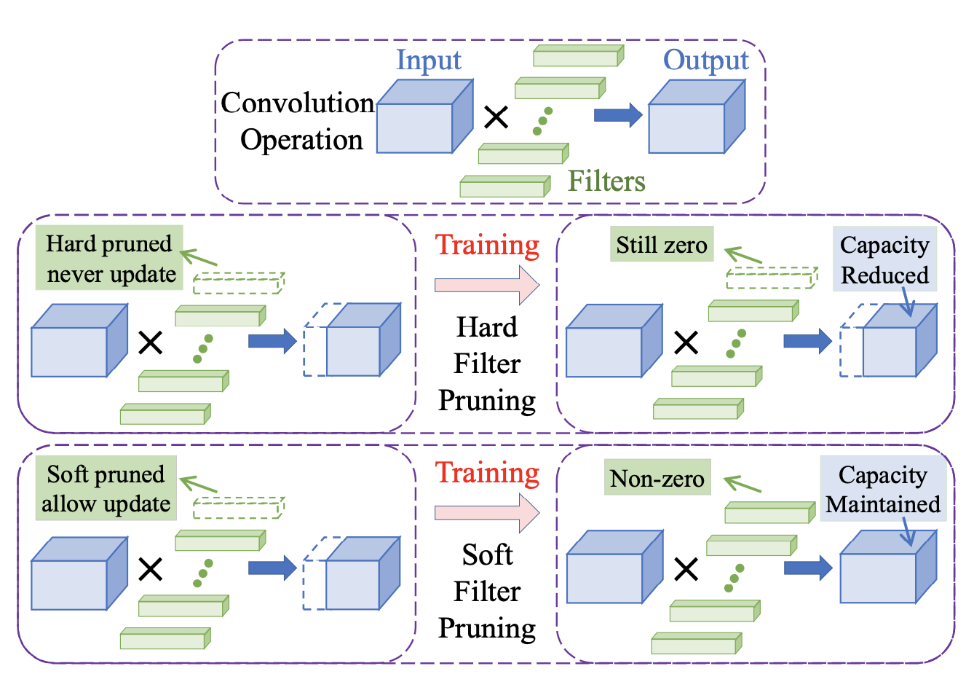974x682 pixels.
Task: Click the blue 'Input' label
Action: click(428, 60)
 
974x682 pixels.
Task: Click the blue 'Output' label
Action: click(705, 60)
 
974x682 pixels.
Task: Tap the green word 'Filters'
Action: click(606, 181)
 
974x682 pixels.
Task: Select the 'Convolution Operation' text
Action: click(298, 121)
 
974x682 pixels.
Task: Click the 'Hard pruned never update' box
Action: click(110, 259)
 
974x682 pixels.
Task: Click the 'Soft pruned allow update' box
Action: click(106, 488)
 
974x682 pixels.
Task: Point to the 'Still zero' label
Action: click(661, 245)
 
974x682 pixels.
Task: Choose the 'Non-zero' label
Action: click(657, 478)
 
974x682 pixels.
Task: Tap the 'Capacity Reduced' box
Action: click(884, 259)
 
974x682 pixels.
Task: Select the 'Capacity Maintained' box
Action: click(882, 489)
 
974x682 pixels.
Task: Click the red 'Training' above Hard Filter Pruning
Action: click(487, 245)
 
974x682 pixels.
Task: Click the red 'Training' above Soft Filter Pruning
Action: click(487, 473)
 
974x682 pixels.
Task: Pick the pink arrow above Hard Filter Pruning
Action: click(486, 284)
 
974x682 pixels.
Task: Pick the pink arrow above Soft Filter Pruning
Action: click(486, 513)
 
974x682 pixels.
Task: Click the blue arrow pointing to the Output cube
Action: click(617, 115)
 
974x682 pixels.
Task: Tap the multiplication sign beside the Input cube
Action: click(496, 116)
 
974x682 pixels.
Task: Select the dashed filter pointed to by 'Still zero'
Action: click(771, 278)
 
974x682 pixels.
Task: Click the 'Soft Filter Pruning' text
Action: click(487, 592)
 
